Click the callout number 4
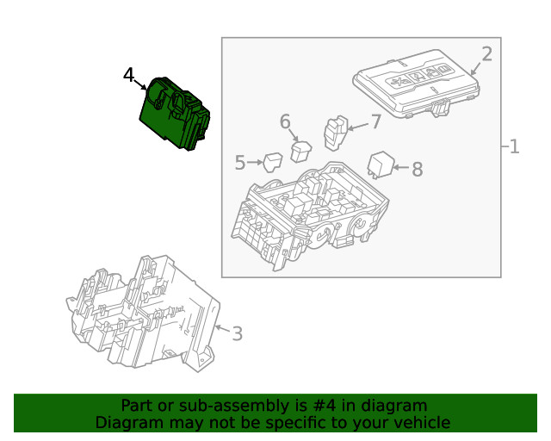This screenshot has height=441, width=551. [x=128, y=76]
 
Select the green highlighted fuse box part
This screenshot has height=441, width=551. [x=176, y=113]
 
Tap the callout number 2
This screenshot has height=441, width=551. [x=486, y=54]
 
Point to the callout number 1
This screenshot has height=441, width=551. [x=514, y=146]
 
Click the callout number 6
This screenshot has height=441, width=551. [x=285, y=121]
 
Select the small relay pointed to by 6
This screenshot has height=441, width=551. [x=300, y=151]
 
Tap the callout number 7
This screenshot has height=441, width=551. [x=375, y=121]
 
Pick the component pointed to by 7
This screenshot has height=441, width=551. [x=334, y=132]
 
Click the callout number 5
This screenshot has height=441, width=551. [x=240, y=161]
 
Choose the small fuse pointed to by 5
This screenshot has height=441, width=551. [x=273, y=162]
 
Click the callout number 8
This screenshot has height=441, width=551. [x=417, y=169]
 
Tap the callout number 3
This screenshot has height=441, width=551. [x=237, y=333]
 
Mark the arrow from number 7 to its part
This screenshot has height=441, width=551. [x=357, y=126]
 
